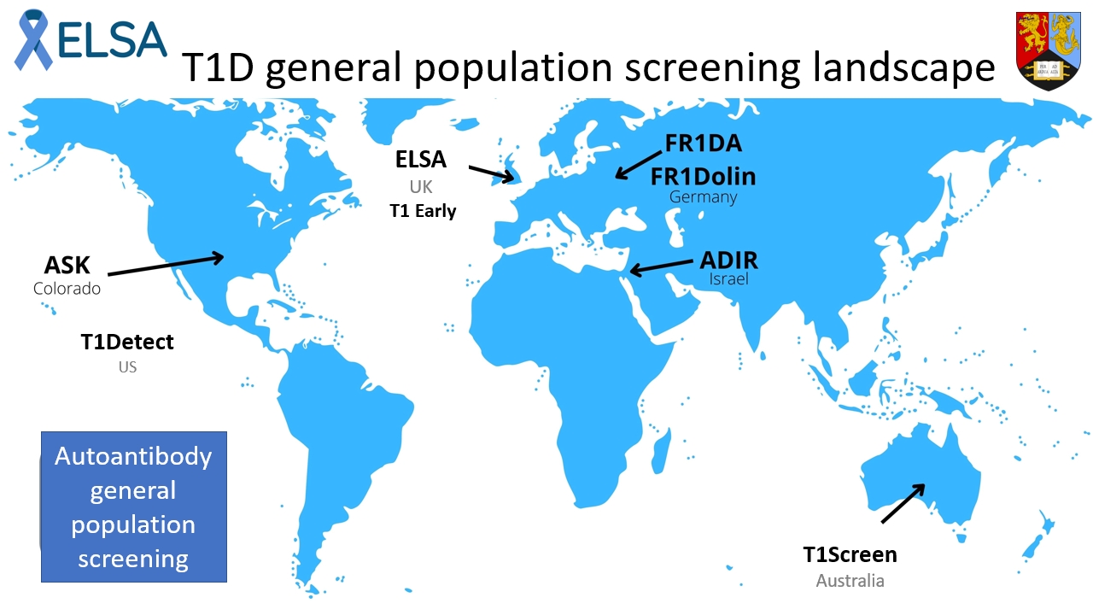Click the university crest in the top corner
coord(1048,51)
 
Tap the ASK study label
coord(67,264)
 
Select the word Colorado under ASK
coord(67,289)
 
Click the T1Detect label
coord(127,343)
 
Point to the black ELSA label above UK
coord(421,160)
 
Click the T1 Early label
coord(423,211)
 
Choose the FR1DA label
coord(704,144)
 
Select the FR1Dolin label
coord(703,177)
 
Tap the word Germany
coord(703,197)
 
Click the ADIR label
coord(728,260)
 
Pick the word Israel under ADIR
coord(728,279)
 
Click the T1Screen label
coord(850,555)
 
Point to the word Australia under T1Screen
coord(850,581)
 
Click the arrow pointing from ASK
coord(166,265)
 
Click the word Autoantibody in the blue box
coord(133,457)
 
